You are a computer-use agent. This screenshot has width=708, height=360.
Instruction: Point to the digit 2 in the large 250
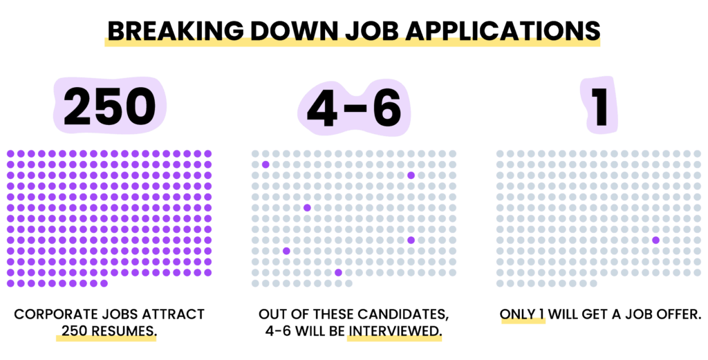(x=80, y=106)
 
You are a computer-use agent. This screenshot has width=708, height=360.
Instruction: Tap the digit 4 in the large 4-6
(x=322, y=108)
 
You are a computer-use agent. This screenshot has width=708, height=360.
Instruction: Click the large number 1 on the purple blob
(x=601, y=107)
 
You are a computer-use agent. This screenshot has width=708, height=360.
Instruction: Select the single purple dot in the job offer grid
(x=655, y=240)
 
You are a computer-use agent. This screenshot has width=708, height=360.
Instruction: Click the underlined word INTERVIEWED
(x=395, y=331)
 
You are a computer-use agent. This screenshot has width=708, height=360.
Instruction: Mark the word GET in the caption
(x=598, y=314)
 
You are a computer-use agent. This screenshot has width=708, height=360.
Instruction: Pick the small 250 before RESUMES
(x=75, y=331)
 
